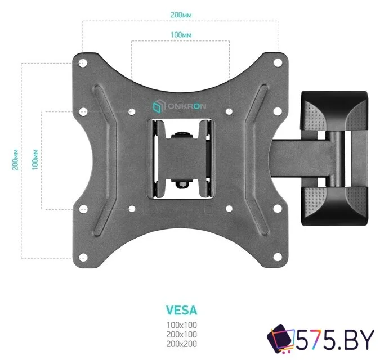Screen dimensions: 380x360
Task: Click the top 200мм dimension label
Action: (181, 15)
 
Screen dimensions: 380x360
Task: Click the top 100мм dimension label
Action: (181, 35)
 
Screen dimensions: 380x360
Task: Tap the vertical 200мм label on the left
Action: (15, 160)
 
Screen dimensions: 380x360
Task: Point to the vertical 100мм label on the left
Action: (35, 160)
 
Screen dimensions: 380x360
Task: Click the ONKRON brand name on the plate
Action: (187, 106)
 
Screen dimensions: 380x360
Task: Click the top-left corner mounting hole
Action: (83, 63)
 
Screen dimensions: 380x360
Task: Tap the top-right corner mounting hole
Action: (278, 62)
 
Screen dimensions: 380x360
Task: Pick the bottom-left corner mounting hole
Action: (83, 257)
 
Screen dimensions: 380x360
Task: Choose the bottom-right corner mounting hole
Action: (278, 257)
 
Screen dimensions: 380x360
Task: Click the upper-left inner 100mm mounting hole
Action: (132, 111)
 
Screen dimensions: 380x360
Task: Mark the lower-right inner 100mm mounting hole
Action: (229, 209)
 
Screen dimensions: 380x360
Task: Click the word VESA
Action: (181, 310)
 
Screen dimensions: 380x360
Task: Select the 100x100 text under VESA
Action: (181, 325)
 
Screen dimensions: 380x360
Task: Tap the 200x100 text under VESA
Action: (181, 335)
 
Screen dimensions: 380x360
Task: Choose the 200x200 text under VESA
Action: (181, 344)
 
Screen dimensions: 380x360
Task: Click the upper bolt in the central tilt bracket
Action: (182, 134)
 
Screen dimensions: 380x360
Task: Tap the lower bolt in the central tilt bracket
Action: (182, 184)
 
